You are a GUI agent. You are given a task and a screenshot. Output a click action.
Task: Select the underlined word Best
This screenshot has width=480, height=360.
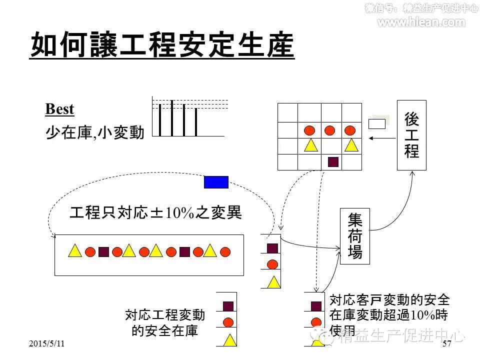pos(59,109)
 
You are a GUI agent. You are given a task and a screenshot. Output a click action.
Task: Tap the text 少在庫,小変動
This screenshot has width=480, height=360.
pos(94,132)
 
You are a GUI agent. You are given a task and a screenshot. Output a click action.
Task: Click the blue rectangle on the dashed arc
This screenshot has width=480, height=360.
pos(216,182)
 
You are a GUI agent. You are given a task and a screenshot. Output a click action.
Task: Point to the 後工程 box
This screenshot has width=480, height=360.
pos(411,135)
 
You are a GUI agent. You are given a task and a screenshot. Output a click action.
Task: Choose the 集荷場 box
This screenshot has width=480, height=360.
pos(354,235)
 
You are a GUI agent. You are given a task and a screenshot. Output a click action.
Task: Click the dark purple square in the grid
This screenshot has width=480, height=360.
pos(333,161)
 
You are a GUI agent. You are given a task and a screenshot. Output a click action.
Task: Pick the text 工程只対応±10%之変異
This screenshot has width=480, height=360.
pos(155,213)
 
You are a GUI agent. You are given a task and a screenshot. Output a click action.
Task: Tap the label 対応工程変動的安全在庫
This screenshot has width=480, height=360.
pos(165,322)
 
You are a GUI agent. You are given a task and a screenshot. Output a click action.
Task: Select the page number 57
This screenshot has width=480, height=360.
pos(447,343)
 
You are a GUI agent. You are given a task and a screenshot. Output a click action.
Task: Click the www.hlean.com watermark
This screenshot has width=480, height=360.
pos(421,22)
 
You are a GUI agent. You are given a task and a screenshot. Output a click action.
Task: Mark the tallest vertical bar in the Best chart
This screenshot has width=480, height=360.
pos(171,118)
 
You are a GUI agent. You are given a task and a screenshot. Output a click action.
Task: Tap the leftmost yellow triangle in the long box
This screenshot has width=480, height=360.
pos(74,251)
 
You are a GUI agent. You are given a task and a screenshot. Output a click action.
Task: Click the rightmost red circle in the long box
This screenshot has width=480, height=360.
pos(225,251)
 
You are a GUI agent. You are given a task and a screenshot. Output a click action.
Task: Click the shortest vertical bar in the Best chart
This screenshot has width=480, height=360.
pos(196,122)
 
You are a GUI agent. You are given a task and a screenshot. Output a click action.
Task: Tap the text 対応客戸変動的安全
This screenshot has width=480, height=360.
pos(389,300)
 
